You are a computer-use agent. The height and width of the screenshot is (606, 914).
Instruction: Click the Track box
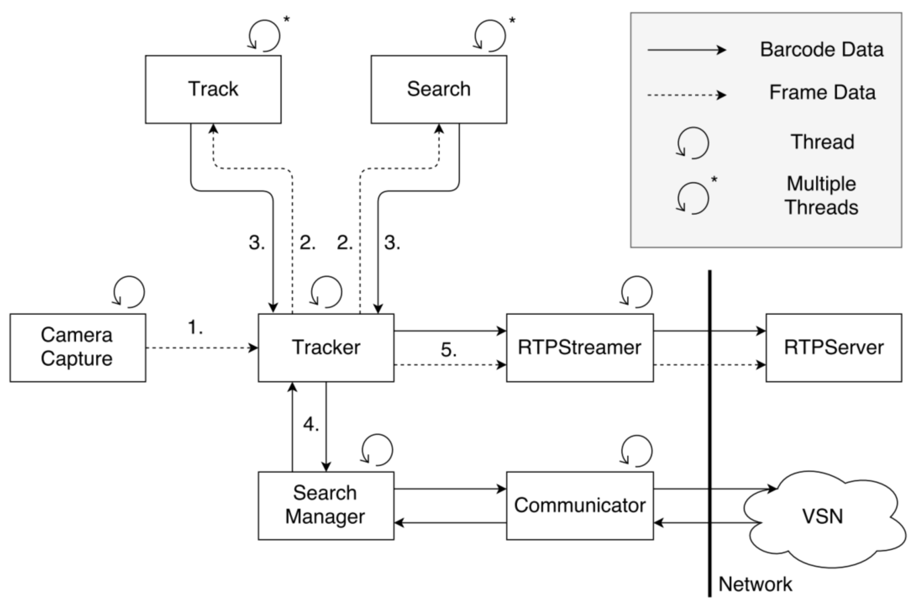click(x=213, y=89)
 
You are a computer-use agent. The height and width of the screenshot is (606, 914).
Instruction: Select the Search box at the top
click(x=439, y=89)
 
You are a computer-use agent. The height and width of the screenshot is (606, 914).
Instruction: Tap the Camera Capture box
click(x=77, y=347)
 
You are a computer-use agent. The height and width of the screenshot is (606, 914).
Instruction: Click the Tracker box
click(x=326, y=347)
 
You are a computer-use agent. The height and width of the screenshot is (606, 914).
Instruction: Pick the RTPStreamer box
click(x=580, y=347)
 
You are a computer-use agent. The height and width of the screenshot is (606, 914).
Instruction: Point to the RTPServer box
click(x=833, y=347)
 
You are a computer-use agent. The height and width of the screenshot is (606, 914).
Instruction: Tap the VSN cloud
click(x=823, y=517)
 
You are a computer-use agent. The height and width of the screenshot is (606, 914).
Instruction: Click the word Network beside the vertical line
click(x=755, y=584)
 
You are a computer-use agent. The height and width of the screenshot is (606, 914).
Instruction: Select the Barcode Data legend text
click(x=822, y=50)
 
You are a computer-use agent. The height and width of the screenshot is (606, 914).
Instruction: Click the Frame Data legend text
click(x=822, y=93)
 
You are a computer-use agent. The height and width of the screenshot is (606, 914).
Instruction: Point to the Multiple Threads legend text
click(x=822, y=195)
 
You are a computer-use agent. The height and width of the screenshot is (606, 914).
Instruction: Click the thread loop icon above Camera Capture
click(x=129, y=292)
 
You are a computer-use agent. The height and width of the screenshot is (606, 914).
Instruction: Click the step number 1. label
click(x=195, y=328)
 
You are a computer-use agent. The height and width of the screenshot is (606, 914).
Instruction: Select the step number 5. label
click(x=449, y=350)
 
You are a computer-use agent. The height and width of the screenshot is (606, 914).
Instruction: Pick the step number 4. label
click(x=311, y=424)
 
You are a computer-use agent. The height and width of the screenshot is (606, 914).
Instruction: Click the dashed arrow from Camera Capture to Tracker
click(x=201, y=348)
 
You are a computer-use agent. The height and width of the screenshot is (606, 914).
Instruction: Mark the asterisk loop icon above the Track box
click(x=264, y=36)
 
